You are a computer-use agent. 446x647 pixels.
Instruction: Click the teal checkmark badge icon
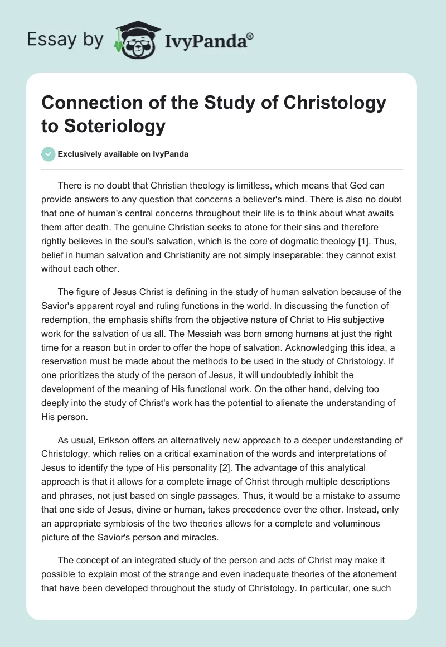pyautogui.click(x=49, y=154)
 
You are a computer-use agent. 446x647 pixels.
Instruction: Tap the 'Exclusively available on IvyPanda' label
pyautogui.click(x=123, y=154)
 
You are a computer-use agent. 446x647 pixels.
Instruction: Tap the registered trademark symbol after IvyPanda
pyautogui.click(x=250, y=36)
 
